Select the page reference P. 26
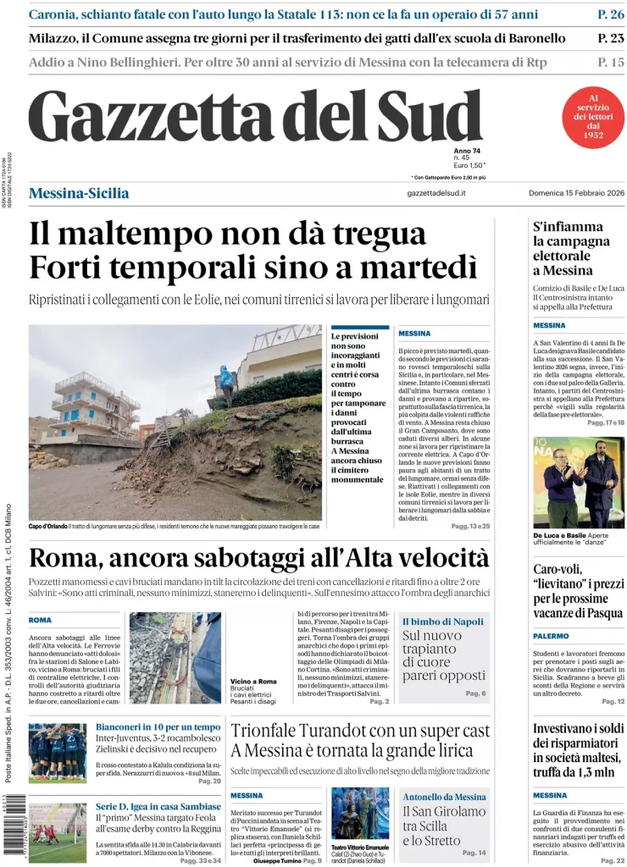610,14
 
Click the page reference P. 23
610,38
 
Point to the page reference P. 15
610,62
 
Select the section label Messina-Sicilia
79,193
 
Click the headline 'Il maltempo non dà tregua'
227,235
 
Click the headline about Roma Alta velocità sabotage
258,558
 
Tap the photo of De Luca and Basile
579,482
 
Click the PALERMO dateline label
551,635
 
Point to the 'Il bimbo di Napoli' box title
443,621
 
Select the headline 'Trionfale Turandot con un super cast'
360,731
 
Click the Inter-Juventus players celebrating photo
58,753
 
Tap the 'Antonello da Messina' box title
444,797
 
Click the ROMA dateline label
40,620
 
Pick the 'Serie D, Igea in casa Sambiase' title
158,806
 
